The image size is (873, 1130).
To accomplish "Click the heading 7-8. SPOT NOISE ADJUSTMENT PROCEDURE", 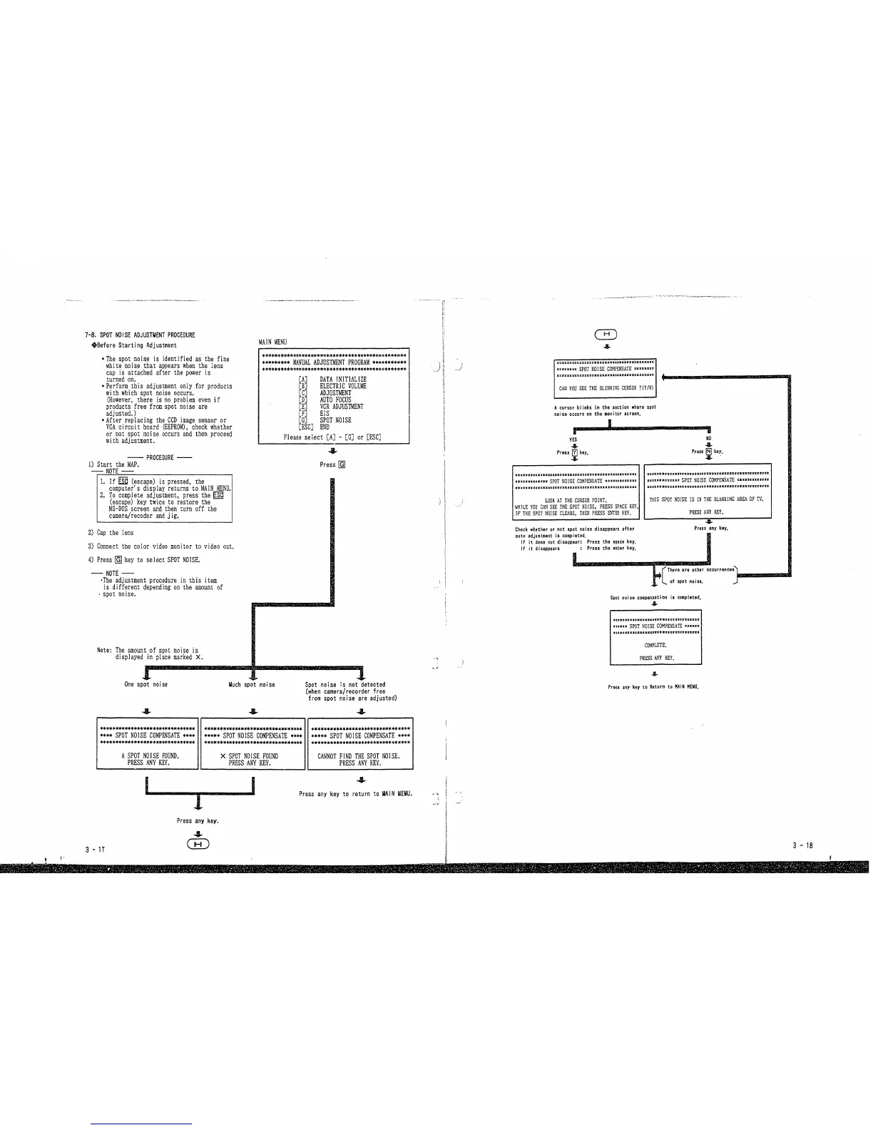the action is click(140, 335).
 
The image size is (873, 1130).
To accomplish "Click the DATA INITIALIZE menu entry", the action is click(343, 379).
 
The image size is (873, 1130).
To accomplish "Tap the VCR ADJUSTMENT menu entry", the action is click(342, 407).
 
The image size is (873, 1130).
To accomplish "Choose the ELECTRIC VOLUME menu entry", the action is click(343, 386).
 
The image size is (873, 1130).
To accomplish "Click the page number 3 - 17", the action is click(94, 850).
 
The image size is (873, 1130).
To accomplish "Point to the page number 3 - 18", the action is click(802, 845).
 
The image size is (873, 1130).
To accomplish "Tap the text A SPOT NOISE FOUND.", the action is click(150, 755).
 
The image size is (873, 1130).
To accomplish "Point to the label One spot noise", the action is click(146, 685).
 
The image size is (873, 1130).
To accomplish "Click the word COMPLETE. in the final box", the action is click(655, 645).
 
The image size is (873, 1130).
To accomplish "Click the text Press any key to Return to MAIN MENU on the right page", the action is click(653, 688).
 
